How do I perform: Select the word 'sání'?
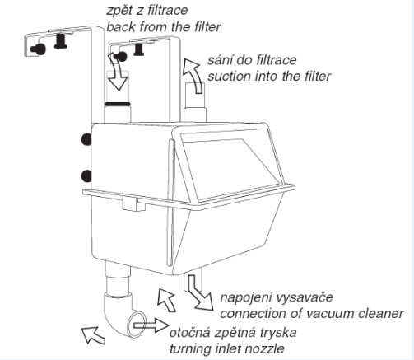coord(219,60)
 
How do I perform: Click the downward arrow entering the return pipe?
coord(117,72)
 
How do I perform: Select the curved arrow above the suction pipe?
coord(193,77)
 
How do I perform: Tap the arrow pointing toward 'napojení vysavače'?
coord(200,293)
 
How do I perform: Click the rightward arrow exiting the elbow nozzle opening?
coord(151,325)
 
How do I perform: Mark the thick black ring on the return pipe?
coord(118,104)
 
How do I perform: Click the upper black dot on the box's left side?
coord(86,139)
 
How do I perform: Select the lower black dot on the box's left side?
coord(86,176)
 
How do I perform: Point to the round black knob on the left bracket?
coord(39,49)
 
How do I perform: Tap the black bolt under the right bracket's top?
coord(139,49)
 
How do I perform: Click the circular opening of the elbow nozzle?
coord(135,325)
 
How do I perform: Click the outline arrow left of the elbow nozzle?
coord(94,335)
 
